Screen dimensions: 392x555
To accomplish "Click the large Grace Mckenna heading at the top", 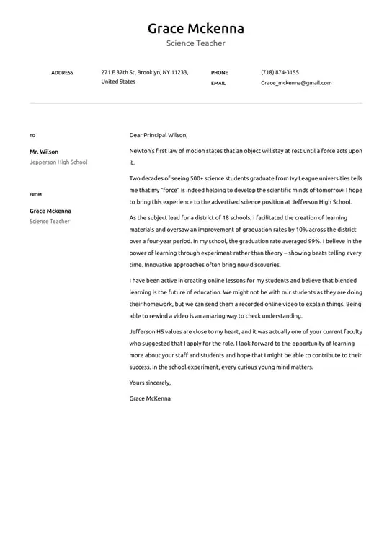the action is (x=196, y=29).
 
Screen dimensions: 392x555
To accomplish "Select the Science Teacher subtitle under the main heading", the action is (x=196, y=44).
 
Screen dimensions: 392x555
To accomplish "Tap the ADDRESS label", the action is (x=62, y=73).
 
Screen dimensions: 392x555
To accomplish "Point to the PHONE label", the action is (x=219, y=73).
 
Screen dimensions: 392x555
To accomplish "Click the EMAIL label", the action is (x=218, y=84).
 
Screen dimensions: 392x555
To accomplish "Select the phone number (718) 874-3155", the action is (x=280, y=73).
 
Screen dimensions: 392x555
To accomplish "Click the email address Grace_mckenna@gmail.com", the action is (x=296, y=83).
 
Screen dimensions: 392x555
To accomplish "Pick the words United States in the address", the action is (x=118, y=82).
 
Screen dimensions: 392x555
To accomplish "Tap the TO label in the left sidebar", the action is (x=32, y=136).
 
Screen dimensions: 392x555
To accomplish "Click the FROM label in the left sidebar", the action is (x=35, y=195).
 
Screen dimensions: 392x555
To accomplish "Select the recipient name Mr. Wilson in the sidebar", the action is (x=44, y=152).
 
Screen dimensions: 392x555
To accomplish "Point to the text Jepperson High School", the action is (x=58, y=162).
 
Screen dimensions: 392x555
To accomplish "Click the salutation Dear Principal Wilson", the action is (x=159, y=135).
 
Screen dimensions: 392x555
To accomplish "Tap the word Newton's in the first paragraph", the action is (x=143, y=151).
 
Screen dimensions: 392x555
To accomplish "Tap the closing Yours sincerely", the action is (x=150, y=383).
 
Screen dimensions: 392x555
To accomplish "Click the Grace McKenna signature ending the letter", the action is (x=150, y=398).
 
